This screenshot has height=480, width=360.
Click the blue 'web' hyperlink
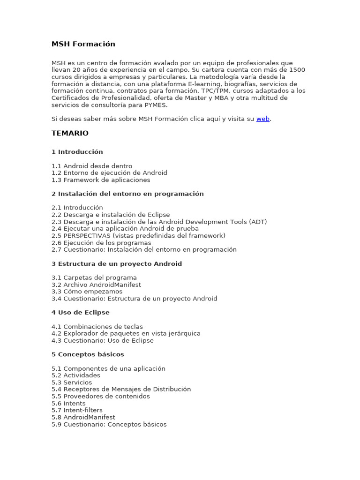pos(262,119)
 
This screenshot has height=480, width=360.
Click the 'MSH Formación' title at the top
pos(83,44)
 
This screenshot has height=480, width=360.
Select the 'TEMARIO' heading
pos(70,133)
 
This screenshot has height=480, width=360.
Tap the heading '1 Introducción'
pos(77,152)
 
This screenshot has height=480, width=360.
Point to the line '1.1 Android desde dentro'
pos(92,166)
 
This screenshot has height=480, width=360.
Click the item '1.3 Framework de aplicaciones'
pos(101,180)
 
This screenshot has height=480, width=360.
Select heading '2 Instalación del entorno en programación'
pos(127,194)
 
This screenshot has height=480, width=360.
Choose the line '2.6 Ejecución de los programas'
pos(101,243)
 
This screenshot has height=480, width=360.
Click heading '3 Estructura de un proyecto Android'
pos(117,264)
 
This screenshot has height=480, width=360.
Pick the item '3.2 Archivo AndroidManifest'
pos(96,285)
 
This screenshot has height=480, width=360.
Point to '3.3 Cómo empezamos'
pos(87,292)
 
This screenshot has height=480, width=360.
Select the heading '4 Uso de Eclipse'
pos(81,313)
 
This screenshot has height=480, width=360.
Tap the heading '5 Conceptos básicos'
pos(88,354)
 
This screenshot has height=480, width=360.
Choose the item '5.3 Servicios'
pos(72,382)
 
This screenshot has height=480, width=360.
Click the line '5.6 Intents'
pos(68,404)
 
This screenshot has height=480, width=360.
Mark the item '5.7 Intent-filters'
pos(77,410)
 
